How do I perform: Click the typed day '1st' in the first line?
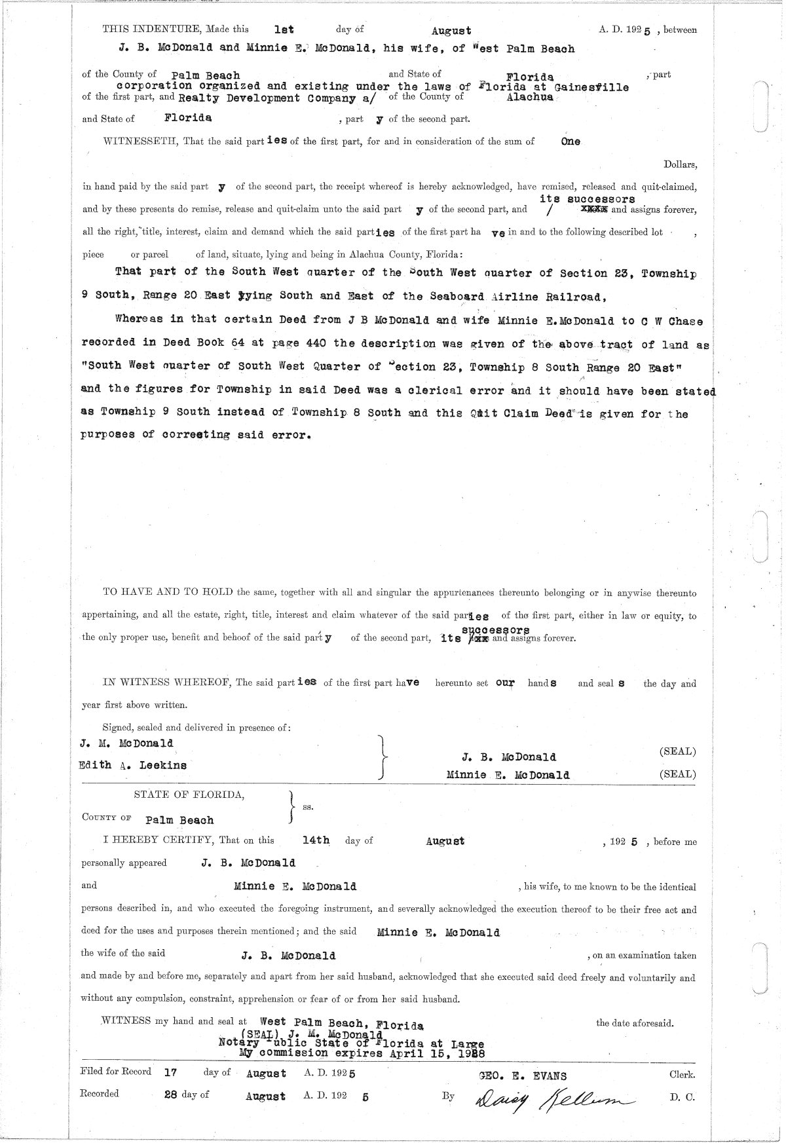pos(284,29)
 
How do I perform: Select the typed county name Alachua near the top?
pos(530,97)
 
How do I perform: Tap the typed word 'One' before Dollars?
pos(571,141)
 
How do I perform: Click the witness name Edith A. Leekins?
pos(133,765)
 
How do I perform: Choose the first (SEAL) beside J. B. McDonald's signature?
pos(677,752)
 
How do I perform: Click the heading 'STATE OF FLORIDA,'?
pos(189,795)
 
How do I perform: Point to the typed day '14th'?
pos(316,840)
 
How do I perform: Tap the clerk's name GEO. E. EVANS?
pos(523,1075)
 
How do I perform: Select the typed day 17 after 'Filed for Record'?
pos(171,1073)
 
